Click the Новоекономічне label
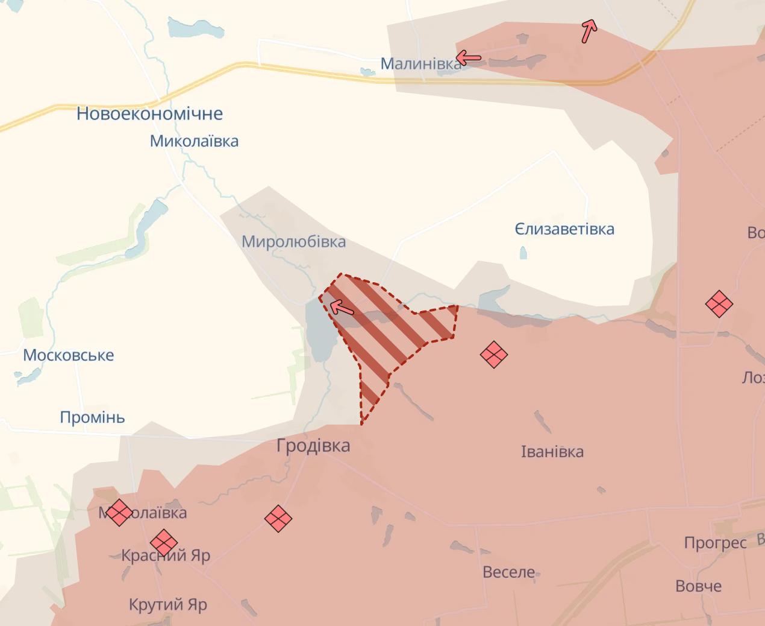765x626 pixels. [149, 113]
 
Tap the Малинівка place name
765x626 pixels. [420, 63]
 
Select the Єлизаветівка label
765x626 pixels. [564, 229]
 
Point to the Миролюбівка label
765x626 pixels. [293, 242]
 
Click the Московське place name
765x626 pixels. [68, 355]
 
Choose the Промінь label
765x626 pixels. [92, 417]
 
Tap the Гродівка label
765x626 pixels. [313, 446]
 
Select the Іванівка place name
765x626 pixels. [552, 452]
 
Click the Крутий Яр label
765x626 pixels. [167, 604]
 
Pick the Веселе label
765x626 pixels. [508, 572]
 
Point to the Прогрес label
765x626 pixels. [715, 543]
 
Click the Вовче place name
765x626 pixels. [698, 586]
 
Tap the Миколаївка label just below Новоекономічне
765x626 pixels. [194, 141]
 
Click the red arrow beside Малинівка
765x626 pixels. [469, 58]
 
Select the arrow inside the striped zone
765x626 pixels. [342, 308]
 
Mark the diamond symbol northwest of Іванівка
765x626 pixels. [493, 354]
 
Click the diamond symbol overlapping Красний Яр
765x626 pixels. [163, 542]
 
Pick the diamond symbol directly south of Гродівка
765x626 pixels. [278, 518]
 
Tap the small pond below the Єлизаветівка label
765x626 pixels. [523, 253]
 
